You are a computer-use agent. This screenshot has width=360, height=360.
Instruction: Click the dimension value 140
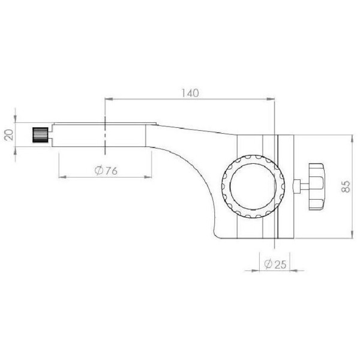pyautogui.click(x=189, y=93)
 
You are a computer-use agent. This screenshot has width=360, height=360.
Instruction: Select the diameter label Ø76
pyautogui.click(x=106, y=171)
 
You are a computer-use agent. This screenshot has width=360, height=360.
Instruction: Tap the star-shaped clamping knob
pyautogui.click(x=316, y=186)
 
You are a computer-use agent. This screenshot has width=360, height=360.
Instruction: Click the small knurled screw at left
pyautogui.click(x=40, y=134)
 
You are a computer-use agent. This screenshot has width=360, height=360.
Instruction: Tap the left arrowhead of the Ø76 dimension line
pyautogui.click(x=61, y=177)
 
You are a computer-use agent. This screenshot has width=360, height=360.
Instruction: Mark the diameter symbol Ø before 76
pyautogui.click(x=98, y=171)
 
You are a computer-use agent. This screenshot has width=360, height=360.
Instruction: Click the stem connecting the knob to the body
pyautogui.click(x=298, y=186)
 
